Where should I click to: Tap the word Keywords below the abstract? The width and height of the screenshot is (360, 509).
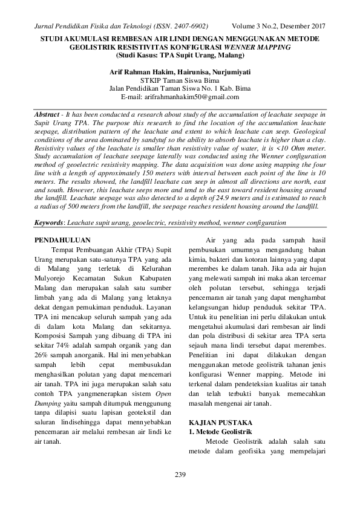point(50,206)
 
